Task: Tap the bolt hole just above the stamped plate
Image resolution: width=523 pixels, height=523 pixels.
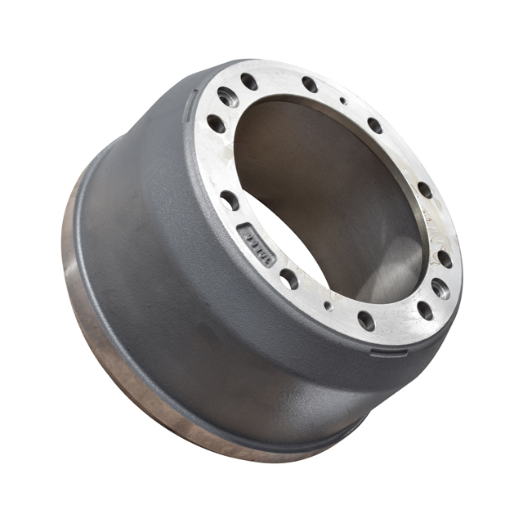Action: (x=230, y=200)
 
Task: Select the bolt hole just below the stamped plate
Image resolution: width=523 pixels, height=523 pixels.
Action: (x=289, y=279)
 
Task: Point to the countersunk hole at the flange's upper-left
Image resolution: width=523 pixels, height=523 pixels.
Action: (x=228, y=97)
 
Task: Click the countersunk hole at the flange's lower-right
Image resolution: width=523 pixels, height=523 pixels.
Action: (x=440, y=288)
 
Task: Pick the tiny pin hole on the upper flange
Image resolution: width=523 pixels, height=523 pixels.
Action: (x=343, y=101)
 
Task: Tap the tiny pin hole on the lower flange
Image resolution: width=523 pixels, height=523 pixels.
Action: (x=328, y=306)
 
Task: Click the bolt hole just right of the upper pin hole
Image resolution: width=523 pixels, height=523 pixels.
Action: (x=374, y=125)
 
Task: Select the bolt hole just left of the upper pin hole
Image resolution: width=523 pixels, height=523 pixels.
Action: (x=310, y=83)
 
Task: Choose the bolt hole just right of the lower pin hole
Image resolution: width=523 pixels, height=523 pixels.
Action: (x=365, y=320)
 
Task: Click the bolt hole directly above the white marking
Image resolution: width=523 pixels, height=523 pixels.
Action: (x=425, y=190)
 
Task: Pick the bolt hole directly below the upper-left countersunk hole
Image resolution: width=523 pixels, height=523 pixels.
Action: (x=216, y=124)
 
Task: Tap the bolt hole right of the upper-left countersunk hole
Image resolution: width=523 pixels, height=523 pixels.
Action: (x=249, y=81)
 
